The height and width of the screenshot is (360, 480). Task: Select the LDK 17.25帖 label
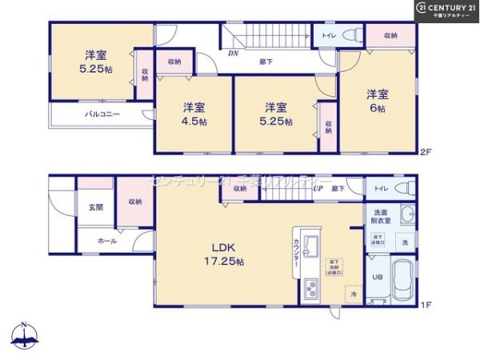tap(222, 255)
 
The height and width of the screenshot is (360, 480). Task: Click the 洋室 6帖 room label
tap(378, 98)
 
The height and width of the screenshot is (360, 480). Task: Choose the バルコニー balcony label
tap(102, 114)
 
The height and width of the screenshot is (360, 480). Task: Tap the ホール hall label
tap(106, 240)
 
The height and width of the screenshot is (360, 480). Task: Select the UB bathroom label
tap(378, 278)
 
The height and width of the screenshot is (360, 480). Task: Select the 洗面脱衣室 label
tap(380, 216)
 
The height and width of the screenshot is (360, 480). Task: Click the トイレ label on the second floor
tap(329, 35)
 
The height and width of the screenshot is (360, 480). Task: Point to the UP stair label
tap(318, 189)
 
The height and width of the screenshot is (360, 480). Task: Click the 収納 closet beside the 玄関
tap(134, 202)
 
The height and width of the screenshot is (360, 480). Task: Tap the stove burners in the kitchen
tap(311, 290)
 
